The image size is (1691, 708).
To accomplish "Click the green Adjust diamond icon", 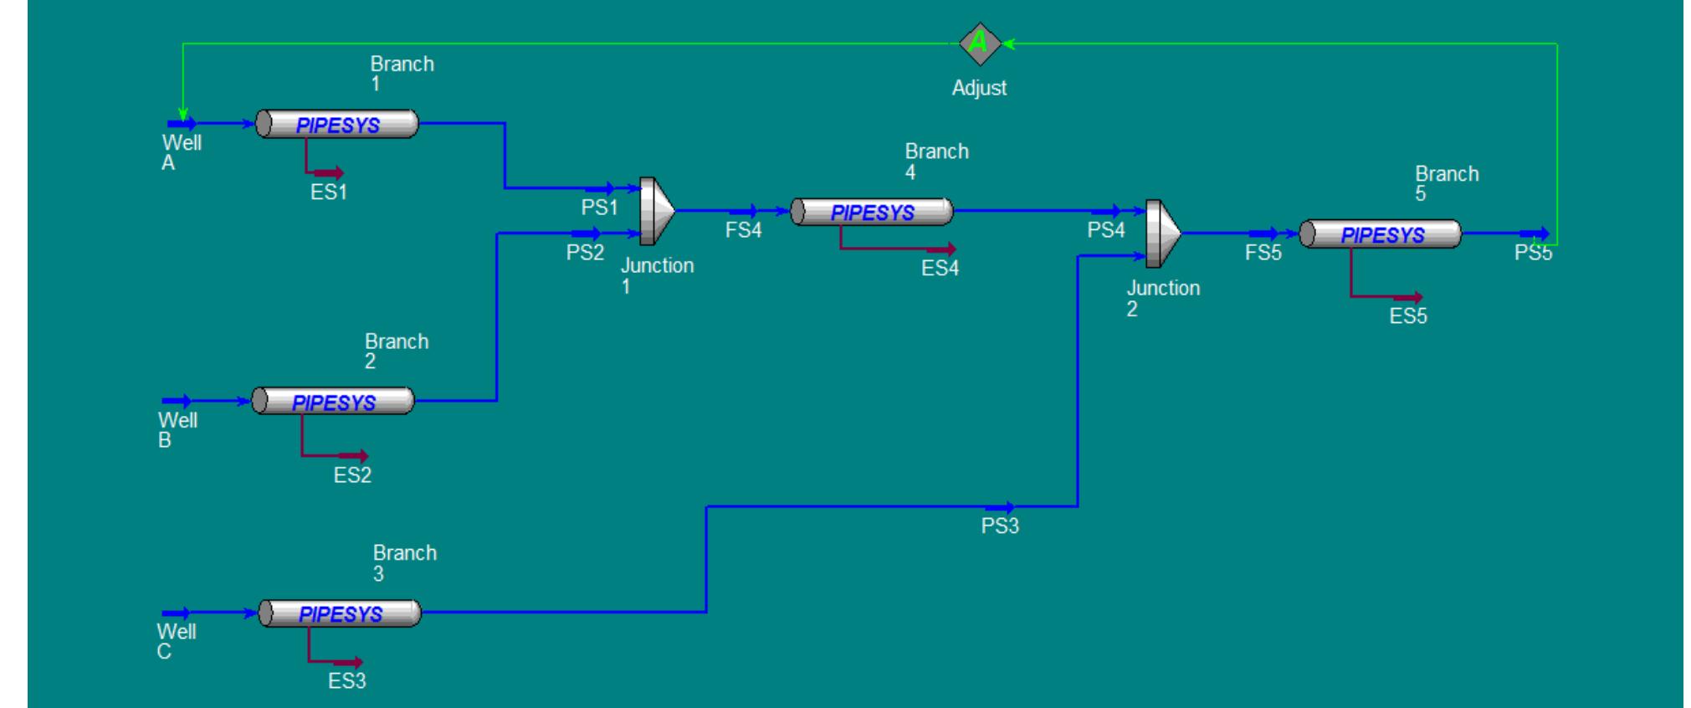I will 979,44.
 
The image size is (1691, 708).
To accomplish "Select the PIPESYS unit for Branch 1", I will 337,125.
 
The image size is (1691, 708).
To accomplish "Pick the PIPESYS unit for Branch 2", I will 333,402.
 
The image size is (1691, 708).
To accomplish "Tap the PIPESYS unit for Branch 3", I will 340,613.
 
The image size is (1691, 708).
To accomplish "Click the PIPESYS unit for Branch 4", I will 872,213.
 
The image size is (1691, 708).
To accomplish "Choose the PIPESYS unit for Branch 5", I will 1381,235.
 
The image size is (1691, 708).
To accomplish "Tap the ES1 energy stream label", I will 328,192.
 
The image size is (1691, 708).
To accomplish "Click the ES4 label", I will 940,269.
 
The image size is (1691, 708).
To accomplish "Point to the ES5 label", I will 1408,316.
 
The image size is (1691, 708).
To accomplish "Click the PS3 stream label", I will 1000,526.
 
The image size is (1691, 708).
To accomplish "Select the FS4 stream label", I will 743,230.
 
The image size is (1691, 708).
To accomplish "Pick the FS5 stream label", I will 1263,253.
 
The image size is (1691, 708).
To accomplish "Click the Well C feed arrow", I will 176,613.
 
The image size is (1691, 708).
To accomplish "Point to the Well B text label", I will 177,430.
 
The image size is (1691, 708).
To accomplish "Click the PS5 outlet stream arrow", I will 1534,234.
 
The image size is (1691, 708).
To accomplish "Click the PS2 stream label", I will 585,253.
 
